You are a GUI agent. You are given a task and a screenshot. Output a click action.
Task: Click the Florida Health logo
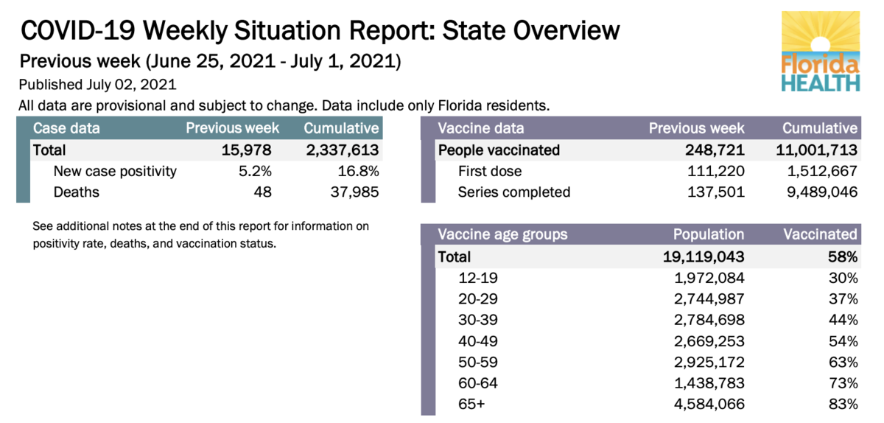pyautogui.click(x=821, y=51)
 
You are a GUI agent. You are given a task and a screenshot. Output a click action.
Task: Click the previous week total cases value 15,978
pyautogui.click(x=247, y=150)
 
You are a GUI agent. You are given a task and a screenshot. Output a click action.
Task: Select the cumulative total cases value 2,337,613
pyautogui.click(x=342, y=150)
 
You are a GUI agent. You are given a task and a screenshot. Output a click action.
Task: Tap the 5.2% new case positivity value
pyautogui.click(x=256, y=172)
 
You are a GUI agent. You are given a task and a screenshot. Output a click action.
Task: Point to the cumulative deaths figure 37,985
pyautogui.click(x=352, y=192)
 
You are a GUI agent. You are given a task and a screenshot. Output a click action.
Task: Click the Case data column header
pyautogui.click(x=66, y=128)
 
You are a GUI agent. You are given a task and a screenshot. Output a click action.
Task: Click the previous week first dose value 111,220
pyautogui.click(x=713, y=172)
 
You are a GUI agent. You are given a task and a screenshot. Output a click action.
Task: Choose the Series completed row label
pyautogui.click(x=513, y=192)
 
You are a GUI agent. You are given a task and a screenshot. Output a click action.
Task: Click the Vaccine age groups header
pyautogui.click(x=502, y=235)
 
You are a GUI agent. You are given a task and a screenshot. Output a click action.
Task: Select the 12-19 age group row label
pyautogui.click(x=477, y=278)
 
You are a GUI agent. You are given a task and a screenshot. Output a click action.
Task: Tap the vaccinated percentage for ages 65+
pyautogui.click(x=842, y=404)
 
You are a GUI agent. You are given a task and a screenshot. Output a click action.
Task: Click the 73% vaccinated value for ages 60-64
pyautogui.click(x=842, y=383)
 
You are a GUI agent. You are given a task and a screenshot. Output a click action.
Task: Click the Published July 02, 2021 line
pyautogui.click(x=97, y=85)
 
